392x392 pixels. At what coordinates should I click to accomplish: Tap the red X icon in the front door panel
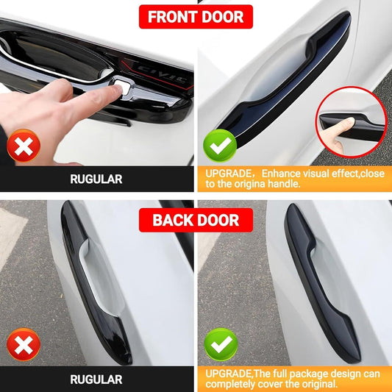(x=24, y=146)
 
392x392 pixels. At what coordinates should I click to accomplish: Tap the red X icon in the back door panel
(x=24, y=344)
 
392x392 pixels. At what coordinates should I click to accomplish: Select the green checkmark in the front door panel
(x=220, y=146)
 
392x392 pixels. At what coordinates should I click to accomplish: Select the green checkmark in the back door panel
(x=221, y=344)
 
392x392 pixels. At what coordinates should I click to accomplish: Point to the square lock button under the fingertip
(x=124, y=87)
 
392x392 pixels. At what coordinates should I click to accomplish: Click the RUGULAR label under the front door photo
(x=96, y=179)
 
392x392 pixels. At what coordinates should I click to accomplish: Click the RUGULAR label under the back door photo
(x=96, y=379)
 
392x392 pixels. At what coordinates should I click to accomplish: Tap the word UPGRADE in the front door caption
(x=228, y=174)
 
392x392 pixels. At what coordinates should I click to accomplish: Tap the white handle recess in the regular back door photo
(x=102, y=277)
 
